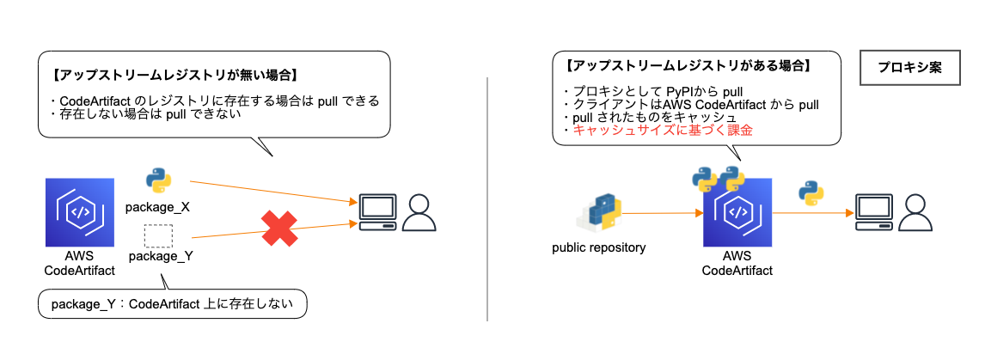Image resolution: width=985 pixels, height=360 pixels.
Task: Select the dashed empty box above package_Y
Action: click(x=158, y=235)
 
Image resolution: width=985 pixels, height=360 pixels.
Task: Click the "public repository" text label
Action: click(x=598, y=248)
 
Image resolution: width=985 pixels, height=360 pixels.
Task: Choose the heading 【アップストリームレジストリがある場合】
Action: click(x=688, y=65)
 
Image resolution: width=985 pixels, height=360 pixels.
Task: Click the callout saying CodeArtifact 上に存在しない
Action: click(x=172, y=303)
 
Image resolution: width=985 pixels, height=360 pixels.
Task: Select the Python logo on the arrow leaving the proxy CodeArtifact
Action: click(x=811, y=193)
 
